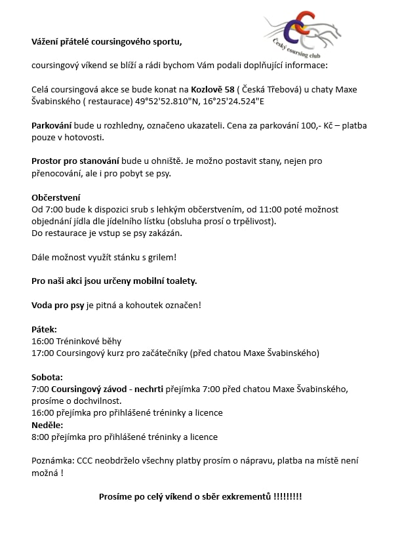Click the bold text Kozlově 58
coord(212,90)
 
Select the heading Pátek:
coord(45,329)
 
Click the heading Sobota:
coord(47,377)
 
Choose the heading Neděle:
coord(48,425)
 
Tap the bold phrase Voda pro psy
coord(58,305)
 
